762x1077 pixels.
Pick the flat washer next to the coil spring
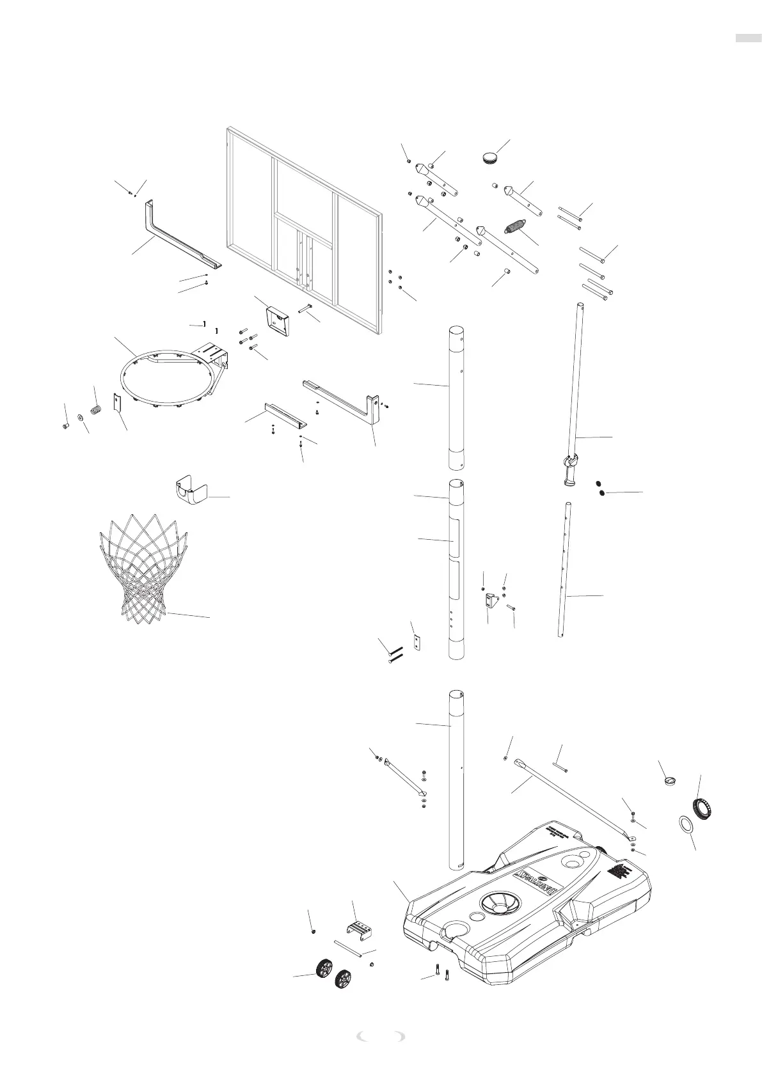tap(80, 418)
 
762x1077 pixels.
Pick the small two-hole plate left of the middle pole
tap(418, 642)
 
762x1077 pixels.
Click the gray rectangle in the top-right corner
tap(747, 38)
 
